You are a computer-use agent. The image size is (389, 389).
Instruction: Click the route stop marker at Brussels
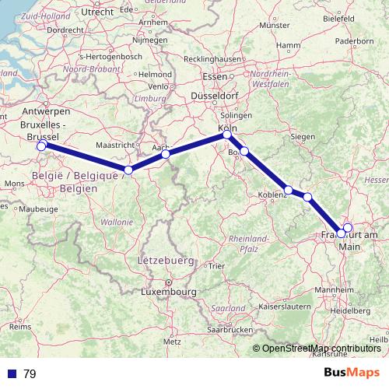coord(40,145)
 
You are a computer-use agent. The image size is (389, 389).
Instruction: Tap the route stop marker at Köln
coord(227,135)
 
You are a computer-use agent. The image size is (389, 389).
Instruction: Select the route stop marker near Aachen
coord(166,154)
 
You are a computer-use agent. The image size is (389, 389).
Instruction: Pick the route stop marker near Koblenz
coord(289,190)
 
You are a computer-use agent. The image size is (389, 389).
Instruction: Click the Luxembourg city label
coord(167,293)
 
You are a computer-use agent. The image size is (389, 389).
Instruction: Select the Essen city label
coord(213,76)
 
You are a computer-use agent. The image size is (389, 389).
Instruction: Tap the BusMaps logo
coord(352,373)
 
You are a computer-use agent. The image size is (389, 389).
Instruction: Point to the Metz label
coord(171,341)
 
